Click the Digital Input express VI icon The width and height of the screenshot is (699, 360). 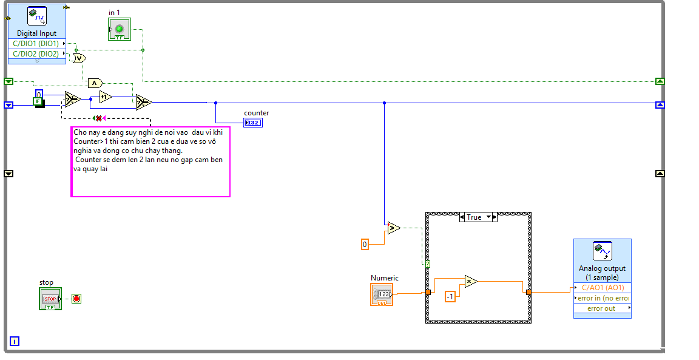click(x=37, y=16)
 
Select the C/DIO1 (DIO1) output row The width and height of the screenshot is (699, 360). click(x=36, y=44)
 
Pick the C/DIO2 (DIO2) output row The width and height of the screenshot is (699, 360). click(x=36, y=53)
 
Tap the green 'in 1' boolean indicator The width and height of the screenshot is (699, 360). click(x=119, y=29)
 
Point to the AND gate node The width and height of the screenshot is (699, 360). click(x=95, y=83)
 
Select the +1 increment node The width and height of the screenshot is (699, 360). click(x=106, y=97)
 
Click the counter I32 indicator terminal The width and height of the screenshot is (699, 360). click(x=253, y=123)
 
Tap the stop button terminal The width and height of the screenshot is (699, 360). click(x=50, y=299)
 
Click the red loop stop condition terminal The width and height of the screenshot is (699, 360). click(x=76, y=299)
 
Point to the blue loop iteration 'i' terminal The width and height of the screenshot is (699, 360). click(x=15, y=341)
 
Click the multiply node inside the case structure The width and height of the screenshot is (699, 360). click(x=471, y=281)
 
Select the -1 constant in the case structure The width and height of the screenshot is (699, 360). click(x=450, y=296)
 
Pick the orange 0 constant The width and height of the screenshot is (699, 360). click(x=365, y=244)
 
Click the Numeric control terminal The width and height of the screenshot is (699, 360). click(x=382, y=294)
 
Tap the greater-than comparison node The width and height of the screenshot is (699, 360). click(x=394, y=228)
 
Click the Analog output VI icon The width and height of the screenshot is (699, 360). click(x=602, y=251)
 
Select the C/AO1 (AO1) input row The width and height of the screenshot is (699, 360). click(x=603, y=288)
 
